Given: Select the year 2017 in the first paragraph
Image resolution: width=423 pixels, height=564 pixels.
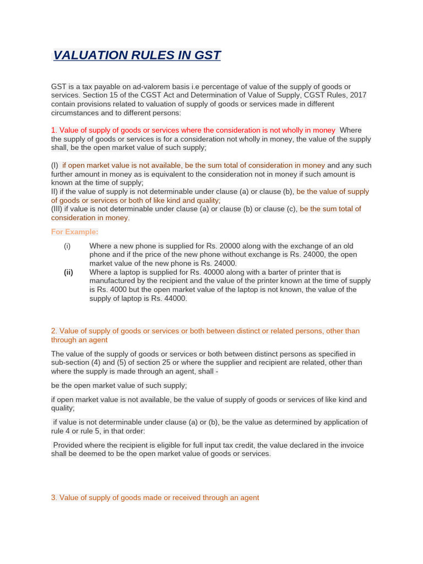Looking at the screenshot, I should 357,95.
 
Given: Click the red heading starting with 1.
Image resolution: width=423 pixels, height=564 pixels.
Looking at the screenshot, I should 193,130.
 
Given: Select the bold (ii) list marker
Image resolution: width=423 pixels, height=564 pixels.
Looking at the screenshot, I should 68,272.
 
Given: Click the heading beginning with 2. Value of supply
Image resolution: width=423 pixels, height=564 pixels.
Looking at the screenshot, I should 205,331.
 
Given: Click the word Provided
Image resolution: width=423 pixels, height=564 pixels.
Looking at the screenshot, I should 70,445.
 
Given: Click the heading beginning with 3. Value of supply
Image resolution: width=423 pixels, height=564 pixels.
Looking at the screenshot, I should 155,497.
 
